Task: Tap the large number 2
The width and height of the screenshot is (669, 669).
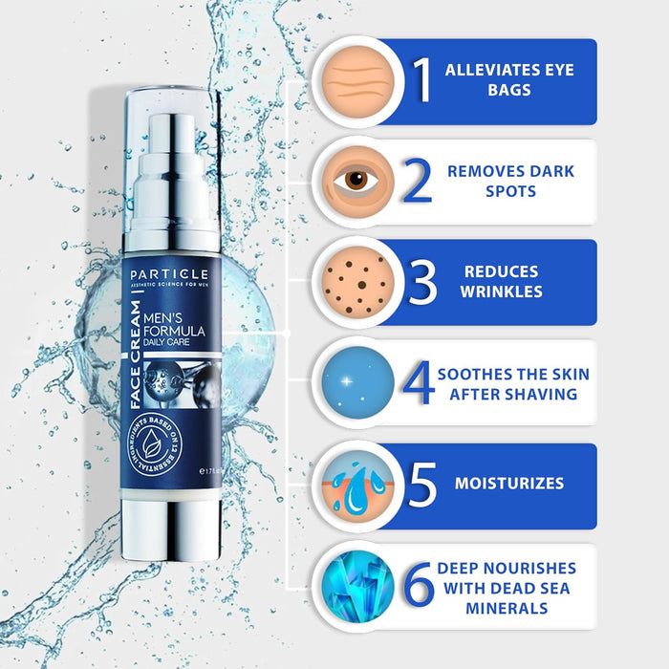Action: [x=416, y=183]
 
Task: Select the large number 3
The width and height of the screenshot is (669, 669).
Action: [x=421, y=283]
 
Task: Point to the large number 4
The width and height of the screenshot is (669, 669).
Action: [x=418, y=383]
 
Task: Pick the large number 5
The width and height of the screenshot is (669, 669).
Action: [x=422, y=485]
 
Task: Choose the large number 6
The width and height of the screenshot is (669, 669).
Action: [x=418, y=586]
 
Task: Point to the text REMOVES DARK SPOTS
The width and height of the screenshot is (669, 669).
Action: [x=511, y=182]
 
